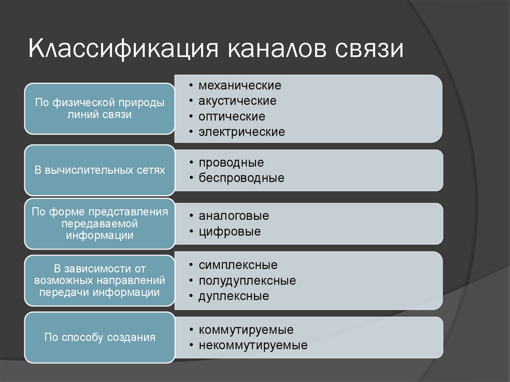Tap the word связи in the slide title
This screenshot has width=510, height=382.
tap(367, 50)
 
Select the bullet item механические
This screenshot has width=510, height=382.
tap(240, 85)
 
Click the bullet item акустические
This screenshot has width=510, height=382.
tap(237, 101)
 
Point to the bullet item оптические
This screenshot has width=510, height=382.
tap(232, 117)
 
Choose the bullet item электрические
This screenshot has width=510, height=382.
tap(242, 132)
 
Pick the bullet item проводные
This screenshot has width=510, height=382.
tap(231, 162)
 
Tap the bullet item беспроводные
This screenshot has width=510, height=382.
tap(241, 178)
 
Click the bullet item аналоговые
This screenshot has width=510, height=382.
tap(234, 216)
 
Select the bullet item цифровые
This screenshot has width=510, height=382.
tap(230, 232)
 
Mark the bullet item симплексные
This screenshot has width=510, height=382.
tap(238, 265)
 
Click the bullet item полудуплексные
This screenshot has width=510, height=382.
tap(247, 281)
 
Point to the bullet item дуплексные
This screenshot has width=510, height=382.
tap(234, 296)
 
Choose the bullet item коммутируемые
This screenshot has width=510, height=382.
tap(246, 330)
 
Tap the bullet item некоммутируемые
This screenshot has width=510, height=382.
tap(253, 345)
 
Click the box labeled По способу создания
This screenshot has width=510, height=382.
tap(100, 338)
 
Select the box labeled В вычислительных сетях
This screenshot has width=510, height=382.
tap(100, 170)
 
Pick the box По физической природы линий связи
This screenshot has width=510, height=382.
tap(100, 109)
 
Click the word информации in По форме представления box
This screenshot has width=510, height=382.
tap(100, 236)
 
